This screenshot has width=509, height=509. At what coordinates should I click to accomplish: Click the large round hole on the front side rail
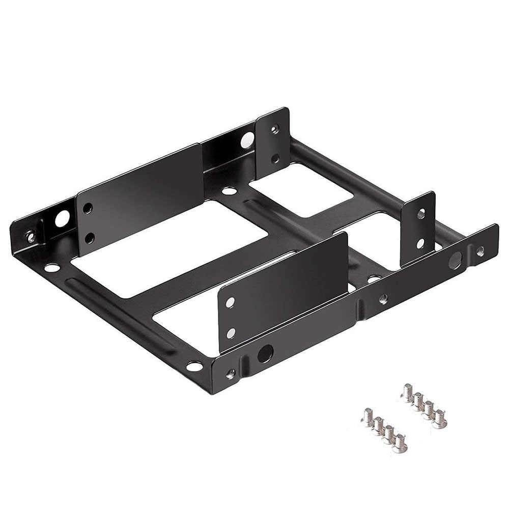[x=265, y=352]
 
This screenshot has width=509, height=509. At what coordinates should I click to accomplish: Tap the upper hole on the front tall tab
[x=231, y=302]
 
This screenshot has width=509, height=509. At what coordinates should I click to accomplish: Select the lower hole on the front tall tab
[x=231, y=333]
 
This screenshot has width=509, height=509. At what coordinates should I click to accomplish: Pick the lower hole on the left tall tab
[x=90, y=238]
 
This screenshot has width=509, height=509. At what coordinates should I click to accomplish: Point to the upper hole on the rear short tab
[x=275, y=130]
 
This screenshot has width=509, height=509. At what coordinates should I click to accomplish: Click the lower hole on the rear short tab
[x=275, y=159]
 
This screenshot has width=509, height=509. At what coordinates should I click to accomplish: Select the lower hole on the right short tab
[x=420, y=243]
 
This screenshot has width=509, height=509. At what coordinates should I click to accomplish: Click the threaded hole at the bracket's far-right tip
[x=480, y=250]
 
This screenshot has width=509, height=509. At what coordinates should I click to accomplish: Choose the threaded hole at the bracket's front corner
[x=230, y=374]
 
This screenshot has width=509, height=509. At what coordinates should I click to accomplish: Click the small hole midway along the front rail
[x=383, y=299]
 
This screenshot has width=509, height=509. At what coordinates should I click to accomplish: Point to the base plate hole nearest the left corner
[x=52, y=267]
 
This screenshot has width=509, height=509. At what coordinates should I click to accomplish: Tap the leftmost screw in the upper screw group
[x=407, y=393]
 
